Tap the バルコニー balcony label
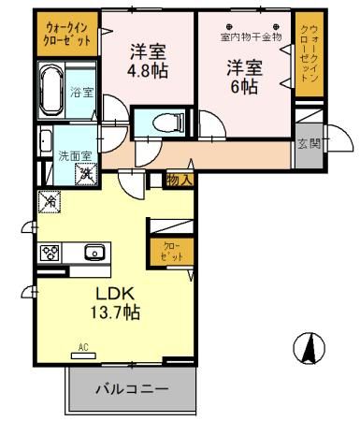(131, 387)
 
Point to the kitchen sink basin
(94, 252)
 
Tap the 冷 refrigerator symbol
(48, 200)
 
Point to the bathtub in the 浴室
(51, 92)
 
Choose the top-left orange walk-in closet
(66, 35)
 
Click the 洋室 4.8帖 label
(147, 59)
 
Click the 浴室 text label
(81, 92)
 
